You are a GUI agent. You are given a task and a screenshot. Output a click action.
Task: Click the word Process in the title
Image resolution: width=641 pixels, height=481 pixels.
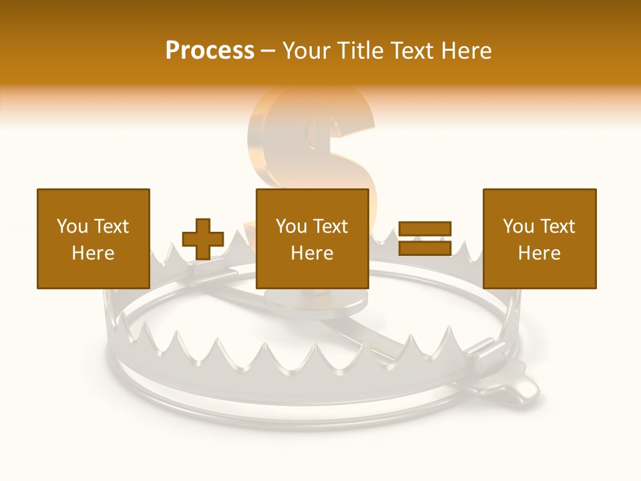[x=210, y=51]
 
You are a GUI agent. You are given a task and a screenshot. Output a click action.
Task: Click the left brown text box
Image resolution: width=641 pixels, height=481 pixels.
[x=93, y=238]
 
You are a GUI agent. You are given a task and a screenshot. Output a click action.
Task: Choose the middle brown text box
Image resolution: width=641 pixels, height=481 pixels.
[x=312, y=238]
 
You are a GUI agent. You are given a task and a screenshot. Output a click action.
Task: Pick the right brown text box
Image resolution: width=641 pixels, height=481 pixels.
[x=539, y=238]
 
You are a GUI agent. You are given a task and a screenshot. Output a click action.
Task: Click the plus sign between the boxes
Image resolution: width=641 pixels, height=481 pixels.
[x=203, y=239]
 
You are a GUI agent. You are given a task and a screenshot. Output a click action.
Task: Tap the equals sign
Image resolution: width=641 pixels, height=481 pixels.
[x=425, y=238]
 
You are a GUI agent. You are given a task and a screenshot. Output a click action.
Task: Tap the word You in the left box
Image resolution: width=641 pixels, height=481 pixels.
[x=71, y=226]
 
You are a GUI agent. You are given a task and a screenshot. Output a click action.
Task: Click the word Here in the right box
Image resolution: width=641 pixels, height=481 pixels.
[x=539, y=253]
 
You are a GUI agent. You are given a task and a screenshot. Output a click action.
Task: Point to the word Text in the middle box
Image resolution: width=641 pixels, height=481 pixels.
[x=331, y=226]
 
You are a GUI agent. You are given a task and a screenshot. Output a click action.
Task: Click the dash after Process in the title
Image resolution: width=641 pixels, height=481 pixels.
[x=268, y=51]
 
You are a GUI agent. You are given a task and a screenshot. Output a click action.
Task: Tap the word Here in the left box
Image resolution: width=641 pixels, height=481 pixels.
[x=93, y=253]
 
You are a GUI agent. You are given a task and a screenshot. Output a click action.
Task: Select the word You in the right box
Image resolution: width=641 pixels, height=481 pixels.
[x=517, y=226]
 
